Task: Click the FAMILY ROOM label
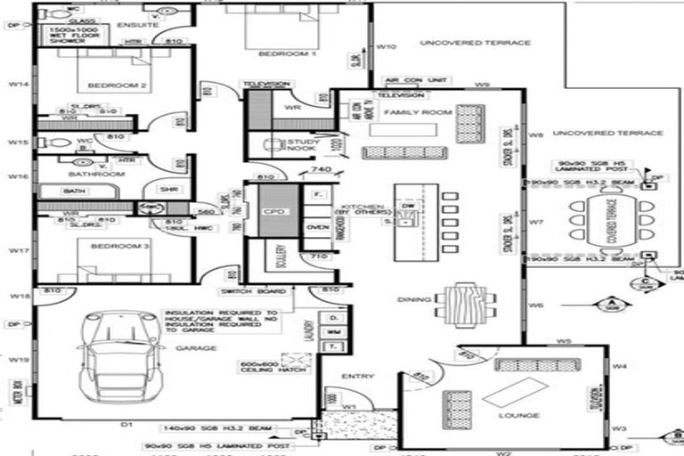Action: [x=406, y=114]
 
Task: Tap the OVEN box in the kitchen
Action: [x=318, y=227]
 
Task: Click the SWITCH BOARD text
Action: [x=254, y=291]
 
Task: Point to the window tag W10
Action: [x=386, y=46]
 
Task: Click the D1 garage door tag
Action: [x=126, y=426]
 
